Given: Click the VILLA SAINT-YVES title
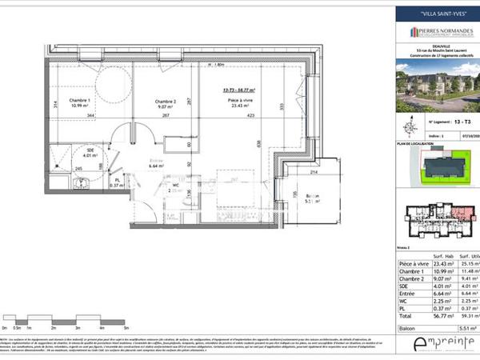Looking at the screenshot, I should [438, 13].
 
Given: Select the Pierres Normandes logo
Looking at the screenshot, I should [438, 32].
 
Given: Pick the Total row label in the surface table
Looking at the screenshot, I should [406, 317].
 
